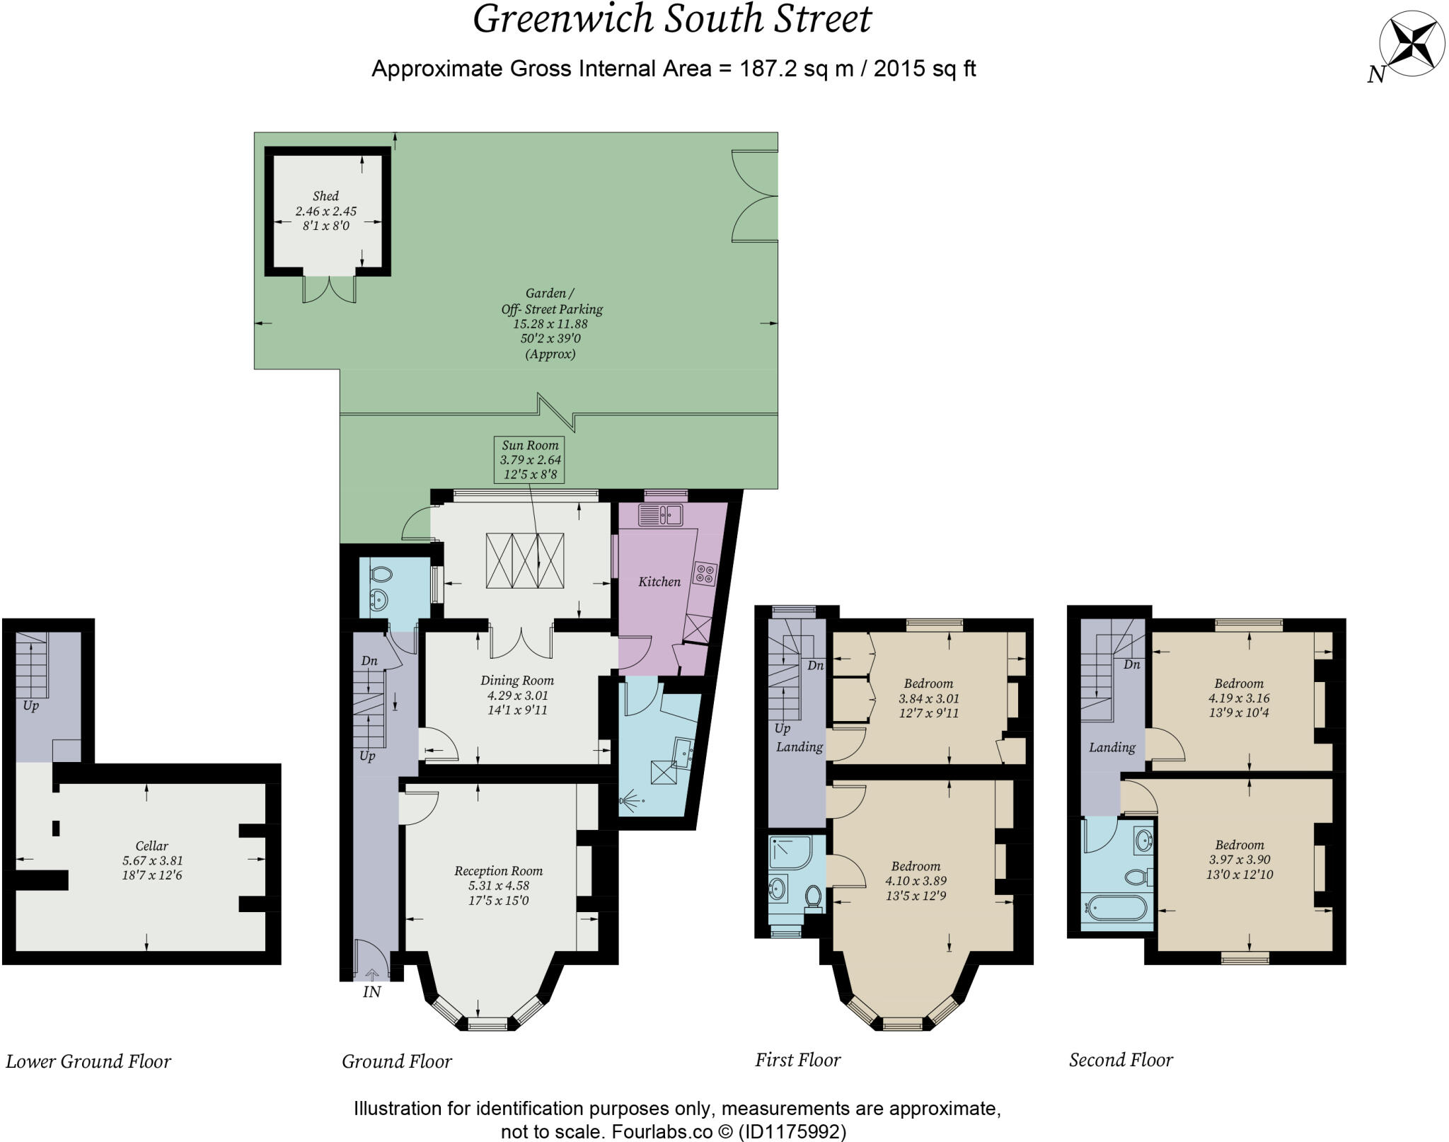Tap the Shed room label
(x=325, y=196)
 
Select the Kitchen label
(x=659, y=582)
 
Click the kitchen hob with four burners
(x=705, y=572)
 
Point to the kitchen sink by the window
(x=659, y=514)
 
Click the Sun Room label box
(x=530, y=459)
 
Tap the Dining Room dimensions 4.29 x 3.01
(x=517, y=696)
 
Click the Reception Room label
(x=498, y=871)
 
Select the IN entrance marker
(x=371, y=992)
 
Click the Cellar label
(x=151, y=846)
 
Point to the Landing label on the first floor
(x=799, y=747)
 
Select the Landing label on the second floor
(x=1112, y=747)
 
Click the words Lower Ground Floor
(x=88, y=1061)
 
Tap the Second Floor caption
(x=1121, y=1060)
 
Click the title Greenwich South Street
(x=671, y=19)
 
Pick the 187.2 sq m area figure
(x=796, y=69)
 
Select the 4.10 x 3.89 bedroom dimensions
(x=916, y=881)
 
